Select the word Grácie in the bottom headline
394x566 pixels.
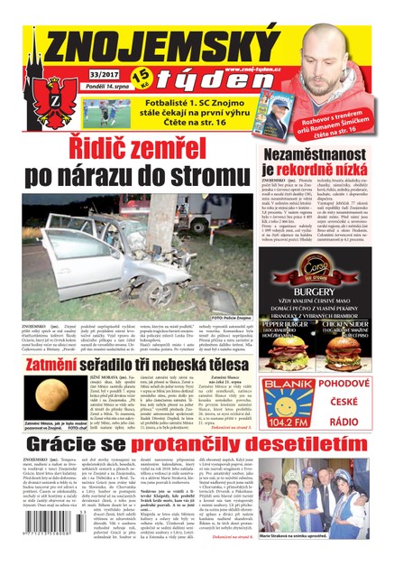tap(71, 444)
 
